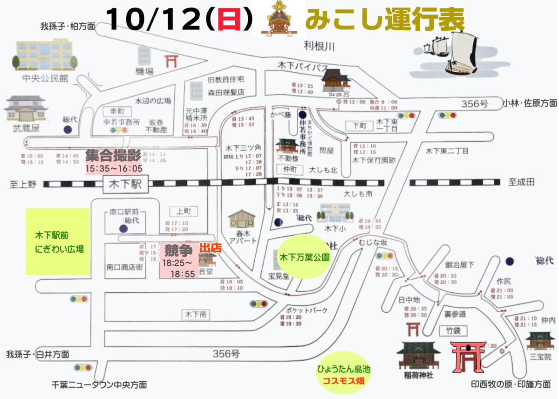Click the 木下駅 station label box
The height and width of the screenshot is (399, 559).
click(125, 184)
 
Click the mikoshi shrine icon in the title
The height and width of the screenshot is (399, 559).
click(279, 19)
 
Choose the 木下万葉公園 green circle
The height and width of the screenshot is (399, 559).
click(304, 257)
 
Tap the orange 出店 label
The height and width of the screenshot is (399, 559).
click(210, 248)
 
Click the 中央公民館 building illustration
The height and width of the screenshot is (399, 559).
click(44, 55)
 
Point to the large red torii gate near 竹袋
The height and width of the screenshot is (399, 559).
click(468, 356)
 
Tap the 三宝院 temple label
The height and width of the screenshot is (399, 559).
click(540, 357)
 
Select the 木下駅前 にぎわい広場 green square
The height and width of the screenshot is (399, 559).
click(57, 241)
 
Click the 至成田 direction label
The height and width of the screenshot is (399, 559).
click(521, 182)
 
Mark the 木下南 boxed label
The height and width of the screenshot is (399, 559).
click(196, 315)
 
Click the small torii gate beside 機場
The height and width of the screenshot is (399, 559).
click(171, 61)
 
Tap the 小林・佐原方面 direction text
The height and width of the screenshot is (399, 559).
click(530, 103)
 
